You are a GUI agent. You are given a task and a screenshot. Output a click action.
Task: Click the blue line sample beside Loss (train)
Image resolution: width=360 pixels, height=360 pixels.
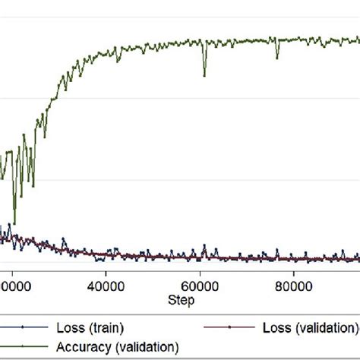pos(24,328)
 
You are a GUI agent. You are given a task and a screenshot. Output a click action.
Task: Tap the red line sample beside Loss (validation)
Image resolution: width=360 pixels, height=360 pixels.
pos(229,328)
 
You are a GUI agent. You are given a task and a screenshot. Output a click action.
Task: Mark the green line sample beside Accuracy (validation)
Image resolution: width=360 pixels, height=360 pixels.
pos(24,346)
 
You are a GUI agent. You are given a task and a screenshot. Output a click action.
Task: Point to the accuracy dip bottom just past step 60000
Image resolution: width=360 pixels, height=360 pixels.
pos(204,75)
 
